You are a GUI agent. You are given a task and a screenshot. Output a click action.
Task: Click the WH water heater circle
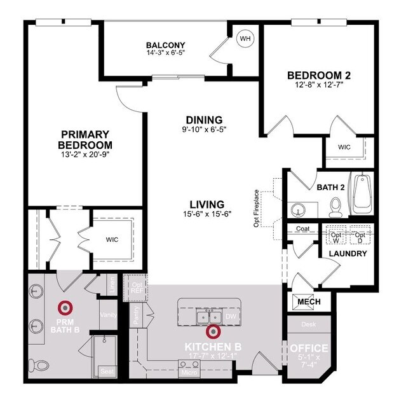click(245, 39)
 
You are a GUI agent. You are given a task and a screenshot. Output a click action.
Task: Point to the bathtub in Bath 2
click(362, 193)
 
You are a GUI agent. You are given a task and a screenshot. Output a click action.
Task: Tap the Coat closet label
click(302, 228)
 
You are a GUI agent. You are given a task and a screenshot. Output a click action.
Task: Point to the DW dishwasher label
click(231, 316)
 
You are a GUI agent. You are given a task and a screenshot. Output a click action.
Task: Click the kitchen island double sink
click(208, 316)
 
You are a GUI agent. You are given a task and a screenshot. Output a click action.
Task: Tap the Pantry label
click(137, 317)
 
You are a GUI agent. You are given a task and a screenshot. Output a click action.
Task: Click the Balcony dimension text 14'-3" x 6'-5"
click(165, 54)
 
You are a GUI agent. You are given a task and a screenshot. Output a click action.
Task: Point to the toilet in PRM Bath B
click(39, 365)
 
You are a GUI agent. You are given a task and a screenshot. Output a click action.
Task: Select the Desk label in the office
click(309, 324)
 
